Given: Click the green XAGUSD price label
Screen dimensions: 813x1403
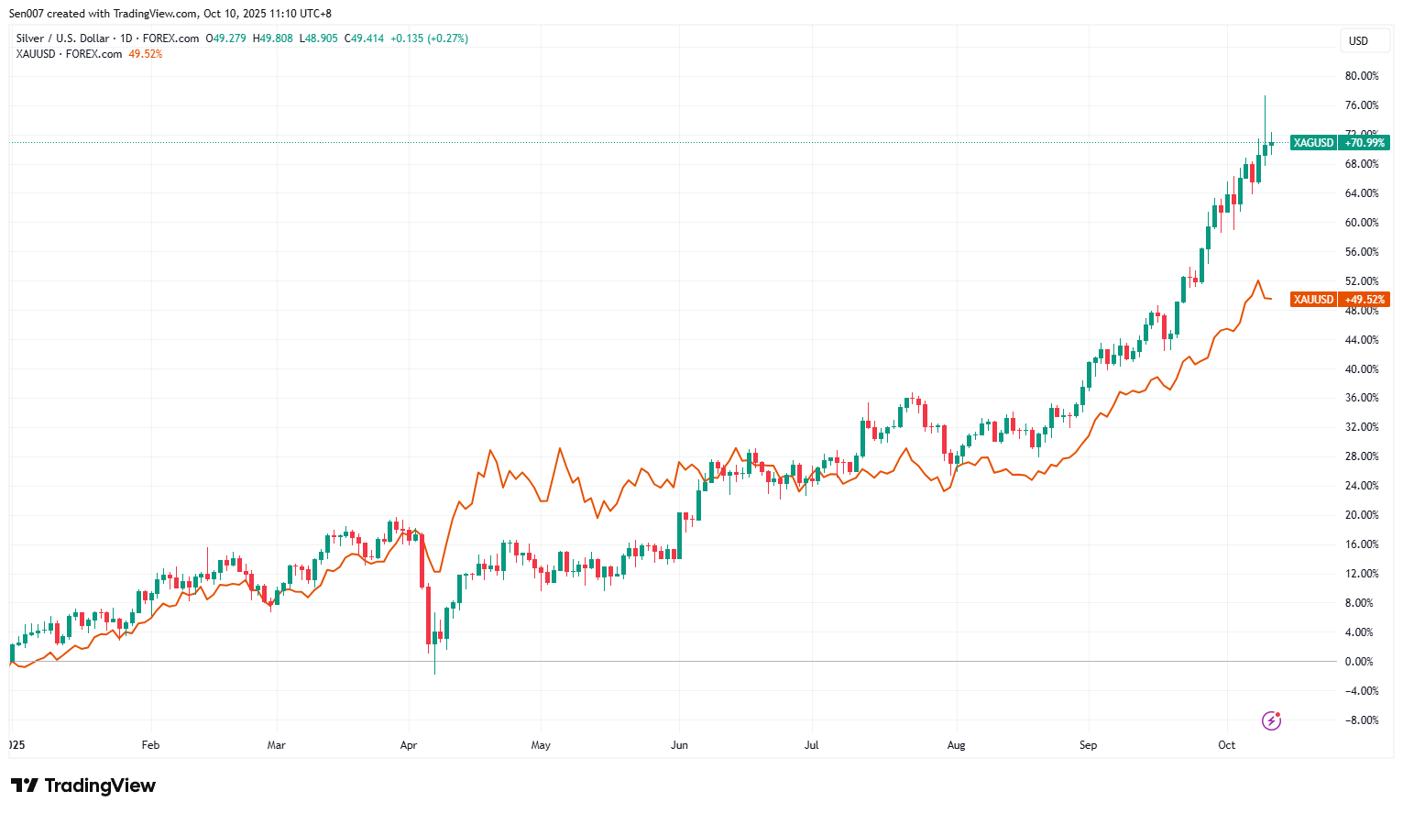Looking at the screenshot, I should (x=1313, y=143).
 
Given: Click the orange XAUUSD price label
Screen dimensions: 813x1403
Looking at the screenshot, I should (x=1313, y=300).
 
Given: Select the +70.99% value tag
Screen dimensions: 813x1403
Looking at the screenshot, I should (x=1365, y=143).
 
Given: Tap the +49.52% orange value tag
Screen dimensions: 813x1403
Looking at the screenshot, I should (x=1365, y=300).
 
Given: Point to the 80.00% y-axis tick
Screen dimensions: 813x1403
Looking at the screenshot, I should (x=1361, y=76).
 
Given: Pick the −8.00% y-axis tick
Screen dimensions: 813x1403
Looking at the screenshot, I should (x=1361, y=720).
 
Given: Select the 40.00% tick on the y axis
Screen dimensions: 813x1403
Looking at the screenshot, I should (x=1361, y=369).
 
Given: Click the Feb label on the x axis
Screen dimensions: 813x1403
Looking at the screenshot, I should (x=151, y=745).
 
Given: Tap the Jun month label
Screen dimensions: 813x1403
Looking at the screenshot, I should (x=679, y=745).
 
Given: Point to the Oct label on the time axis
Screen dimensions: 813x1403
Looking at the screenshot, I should (x=1226, y=745).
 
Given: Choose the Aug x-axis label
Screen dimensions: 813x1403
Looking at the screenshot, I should (x=956, y=745).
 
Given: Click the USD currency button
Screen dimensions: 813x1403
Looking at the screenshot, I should (x=1358, y=41).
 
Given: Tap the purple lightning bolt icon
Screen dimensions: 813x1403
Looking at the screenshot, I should (x=1271, y=720).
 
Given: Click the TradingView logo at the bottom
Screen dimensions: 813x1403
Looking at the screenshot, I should (x=83, y=786).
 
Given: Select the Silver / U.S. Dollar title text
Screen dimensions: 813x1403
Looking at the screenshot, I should (x=62, y=38).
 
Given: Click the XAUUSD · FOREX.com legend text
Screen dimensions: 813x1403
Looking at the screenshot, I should (x=69, y=54).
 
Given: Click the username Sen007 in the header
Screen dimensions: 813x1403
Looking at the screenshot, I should (x=27, y=14).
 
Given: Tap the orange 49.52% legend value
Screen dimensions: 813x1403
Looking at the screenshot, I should (x=145, y=54).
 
